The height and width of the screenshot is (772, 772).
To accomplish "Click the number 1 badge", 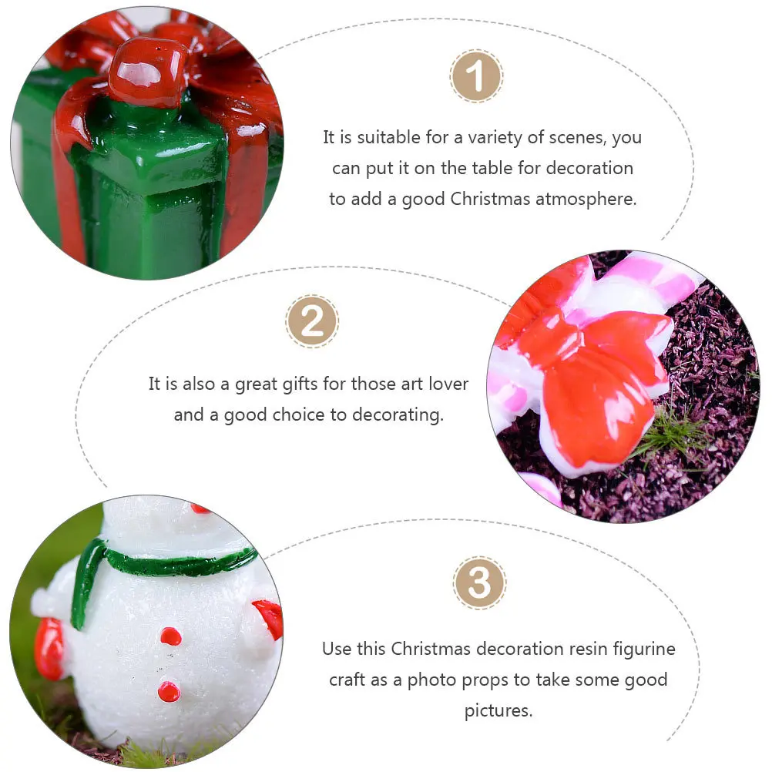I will [476, 76].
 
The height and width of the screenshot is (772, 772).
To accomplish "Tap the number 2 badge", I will [312, 321].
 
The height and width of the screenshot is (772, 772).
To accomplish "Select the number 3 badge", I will [479, 583].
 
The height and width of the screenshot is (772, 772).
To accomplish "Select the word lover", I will [446, 384].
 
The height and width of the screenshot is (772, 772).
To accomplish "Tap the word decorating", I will [398, 415].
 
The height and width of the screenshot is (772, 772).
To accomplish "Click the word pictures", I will [498, 710].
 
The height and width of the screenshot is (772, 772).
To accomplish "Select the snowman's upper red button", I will [170, 636].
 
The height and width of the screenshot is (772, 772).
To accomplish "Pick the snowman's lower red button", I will [169, 691].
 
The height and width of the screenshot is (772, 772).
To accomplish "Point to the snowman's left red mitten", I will [48, 649].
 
